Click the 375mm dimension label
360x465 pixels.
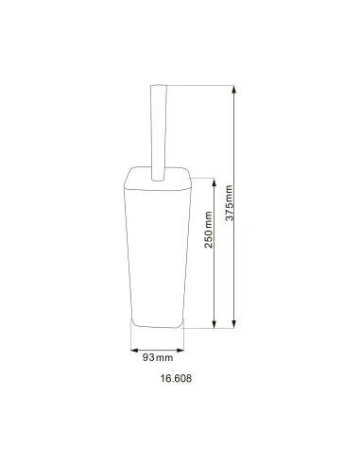230,203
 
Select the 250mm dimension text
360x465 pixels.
209,230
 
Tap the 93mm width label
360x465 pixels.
158,357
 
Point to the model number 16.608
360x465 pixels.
176,378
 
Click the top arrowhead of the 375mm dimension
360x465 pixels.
233,89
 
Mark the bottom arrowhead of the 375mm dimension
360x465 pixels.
233,324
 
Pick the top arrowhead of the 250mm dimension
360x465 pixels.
214,182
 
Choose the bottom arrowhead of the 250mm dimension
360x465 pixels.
214,324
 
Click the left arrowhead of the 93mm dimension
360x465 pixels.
134,350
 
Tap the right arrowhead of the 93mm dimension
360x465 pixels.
180,350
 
